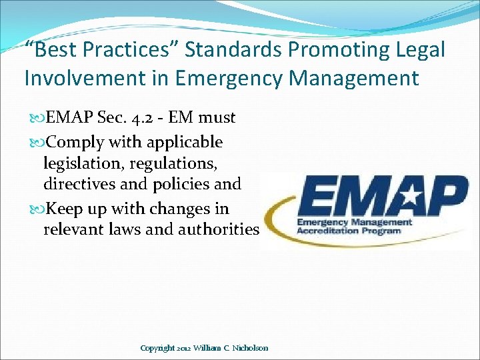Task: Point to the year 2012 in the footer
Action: tap(186, 348)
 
